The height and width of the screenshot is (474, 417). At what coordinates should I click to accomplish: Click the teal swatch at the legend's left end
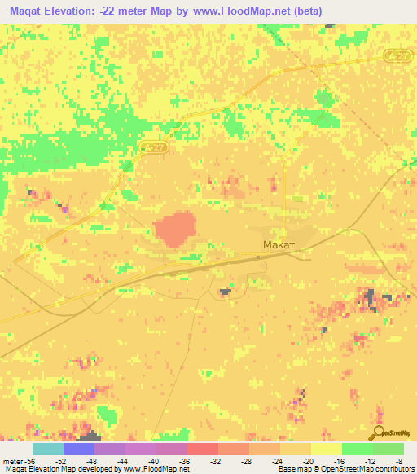click(x=47, y=449)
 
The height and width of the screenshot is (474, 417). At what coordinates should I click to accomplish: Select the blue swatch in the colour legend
click(x=78, y=449)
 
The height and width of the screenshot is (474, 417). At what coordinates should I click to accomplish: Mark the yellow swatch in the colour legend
click(x=326, y=449)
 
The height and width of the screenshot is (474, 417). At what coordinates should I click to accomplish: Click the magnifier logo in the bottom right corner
click(x=377, y=432)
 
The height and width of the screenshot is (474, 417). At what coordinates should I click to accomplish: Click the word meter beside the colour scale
click(x=12, y=460)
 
